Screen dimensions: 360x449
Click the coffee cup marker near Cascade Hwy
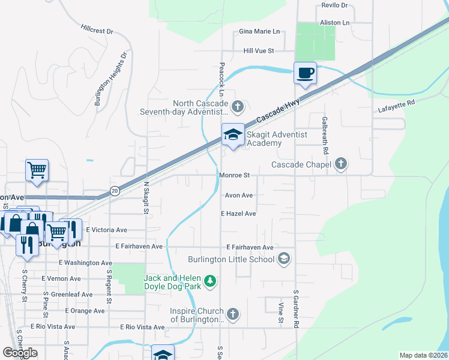coord(305,73)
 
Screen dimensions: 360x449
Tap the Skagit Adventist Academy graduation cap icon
coord(232,135)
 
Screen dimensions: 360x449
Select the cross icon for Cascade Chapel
coord(341,164)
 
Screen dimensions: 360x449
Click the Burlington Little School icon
coord(284,259)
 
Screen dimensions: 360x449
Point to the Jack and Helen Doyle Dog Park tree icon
coord(209,281)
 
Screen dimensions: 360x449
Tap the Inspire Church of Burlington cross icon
coord(233,314)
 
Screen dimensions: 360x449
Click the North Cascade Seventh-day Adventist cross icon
coord(238,107)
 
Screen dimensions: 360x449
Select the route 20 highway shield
coord(113,191)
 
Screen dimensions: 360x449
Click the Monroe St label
coord(234,175)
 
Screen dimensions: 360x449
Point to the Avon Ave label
coord(239,195)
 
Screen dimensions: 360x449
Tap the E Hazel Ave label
coord(238,214)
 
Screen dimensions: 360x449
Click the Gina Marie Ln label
coord(259,31)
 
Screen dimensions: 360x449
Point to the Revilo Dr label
coord(335,5)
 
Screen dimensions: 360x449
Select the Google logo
coord(20,353)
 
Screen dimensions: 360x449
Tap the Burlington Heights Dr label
coord(111,79)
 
